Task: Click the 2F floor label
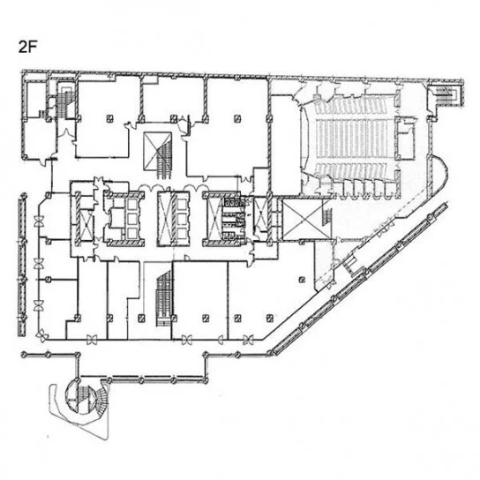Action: tap(28, 47)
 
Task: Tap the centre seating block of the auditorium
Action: tap(355, 139)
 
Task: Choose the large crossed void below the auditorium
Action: tap(302, 219)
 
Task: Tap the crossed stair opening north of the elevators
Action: tap(157, 151)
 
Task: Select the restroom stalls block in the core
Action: tap(235, 219)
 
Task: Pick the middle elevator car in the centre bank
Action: tap(182, 219)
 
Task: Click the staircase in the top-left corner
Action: tap(65, 101)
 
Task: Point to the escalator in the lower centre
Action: tap(164, 298)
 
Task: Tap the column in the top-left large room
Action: tap(109, 118)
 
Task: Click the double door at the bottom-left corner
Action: tap(42, 336)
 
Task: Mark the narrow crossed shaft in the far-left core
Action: tap(86, 224)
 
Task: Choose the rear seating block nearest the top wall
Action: tap(355, 105)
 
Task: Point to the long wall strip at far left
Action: tap(22, 265)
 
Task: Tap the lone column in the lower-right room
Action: tap(302, 279)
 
